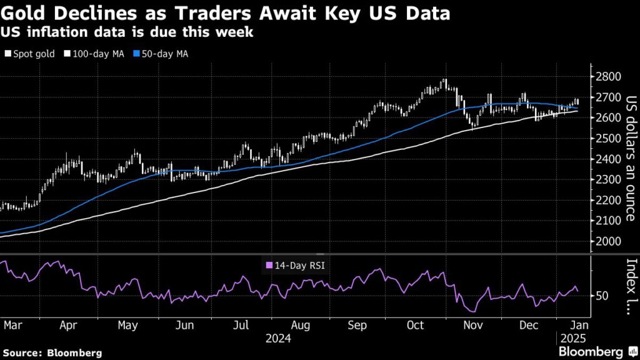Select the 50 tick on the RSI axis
click(x=602, y=295)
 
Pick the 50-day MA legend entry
click(x=162, y=54)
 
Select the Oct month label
click(x=415, y=325)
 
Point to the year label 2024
click(x=279, y=339)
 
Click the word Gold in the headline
click(x=24, y=14)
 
